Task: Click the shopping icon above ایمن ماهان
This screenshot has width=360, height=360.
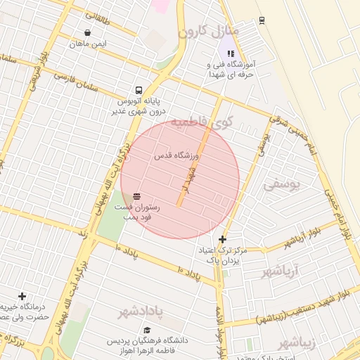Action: click(87, 32)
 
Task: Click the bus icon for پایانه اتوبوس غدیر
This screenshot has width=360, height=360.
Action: click(139, 90)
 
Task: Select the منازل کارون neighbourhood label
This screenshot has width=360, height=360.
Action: click(209, 32)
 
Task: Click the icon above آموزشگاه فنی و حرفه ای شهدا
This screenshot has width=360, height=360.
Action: click(230, 53)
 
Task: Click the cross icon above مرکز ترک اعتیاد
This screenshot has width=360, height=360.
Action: click(223, 240)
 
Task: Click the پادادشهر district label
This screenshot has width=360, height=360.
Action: click(139, 311)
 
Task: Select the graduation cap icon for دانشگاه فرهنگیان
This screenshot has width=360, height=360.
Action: click(147, 330)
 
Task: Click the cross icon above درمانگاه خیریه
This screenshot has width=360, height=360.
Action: click(22, 296)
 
